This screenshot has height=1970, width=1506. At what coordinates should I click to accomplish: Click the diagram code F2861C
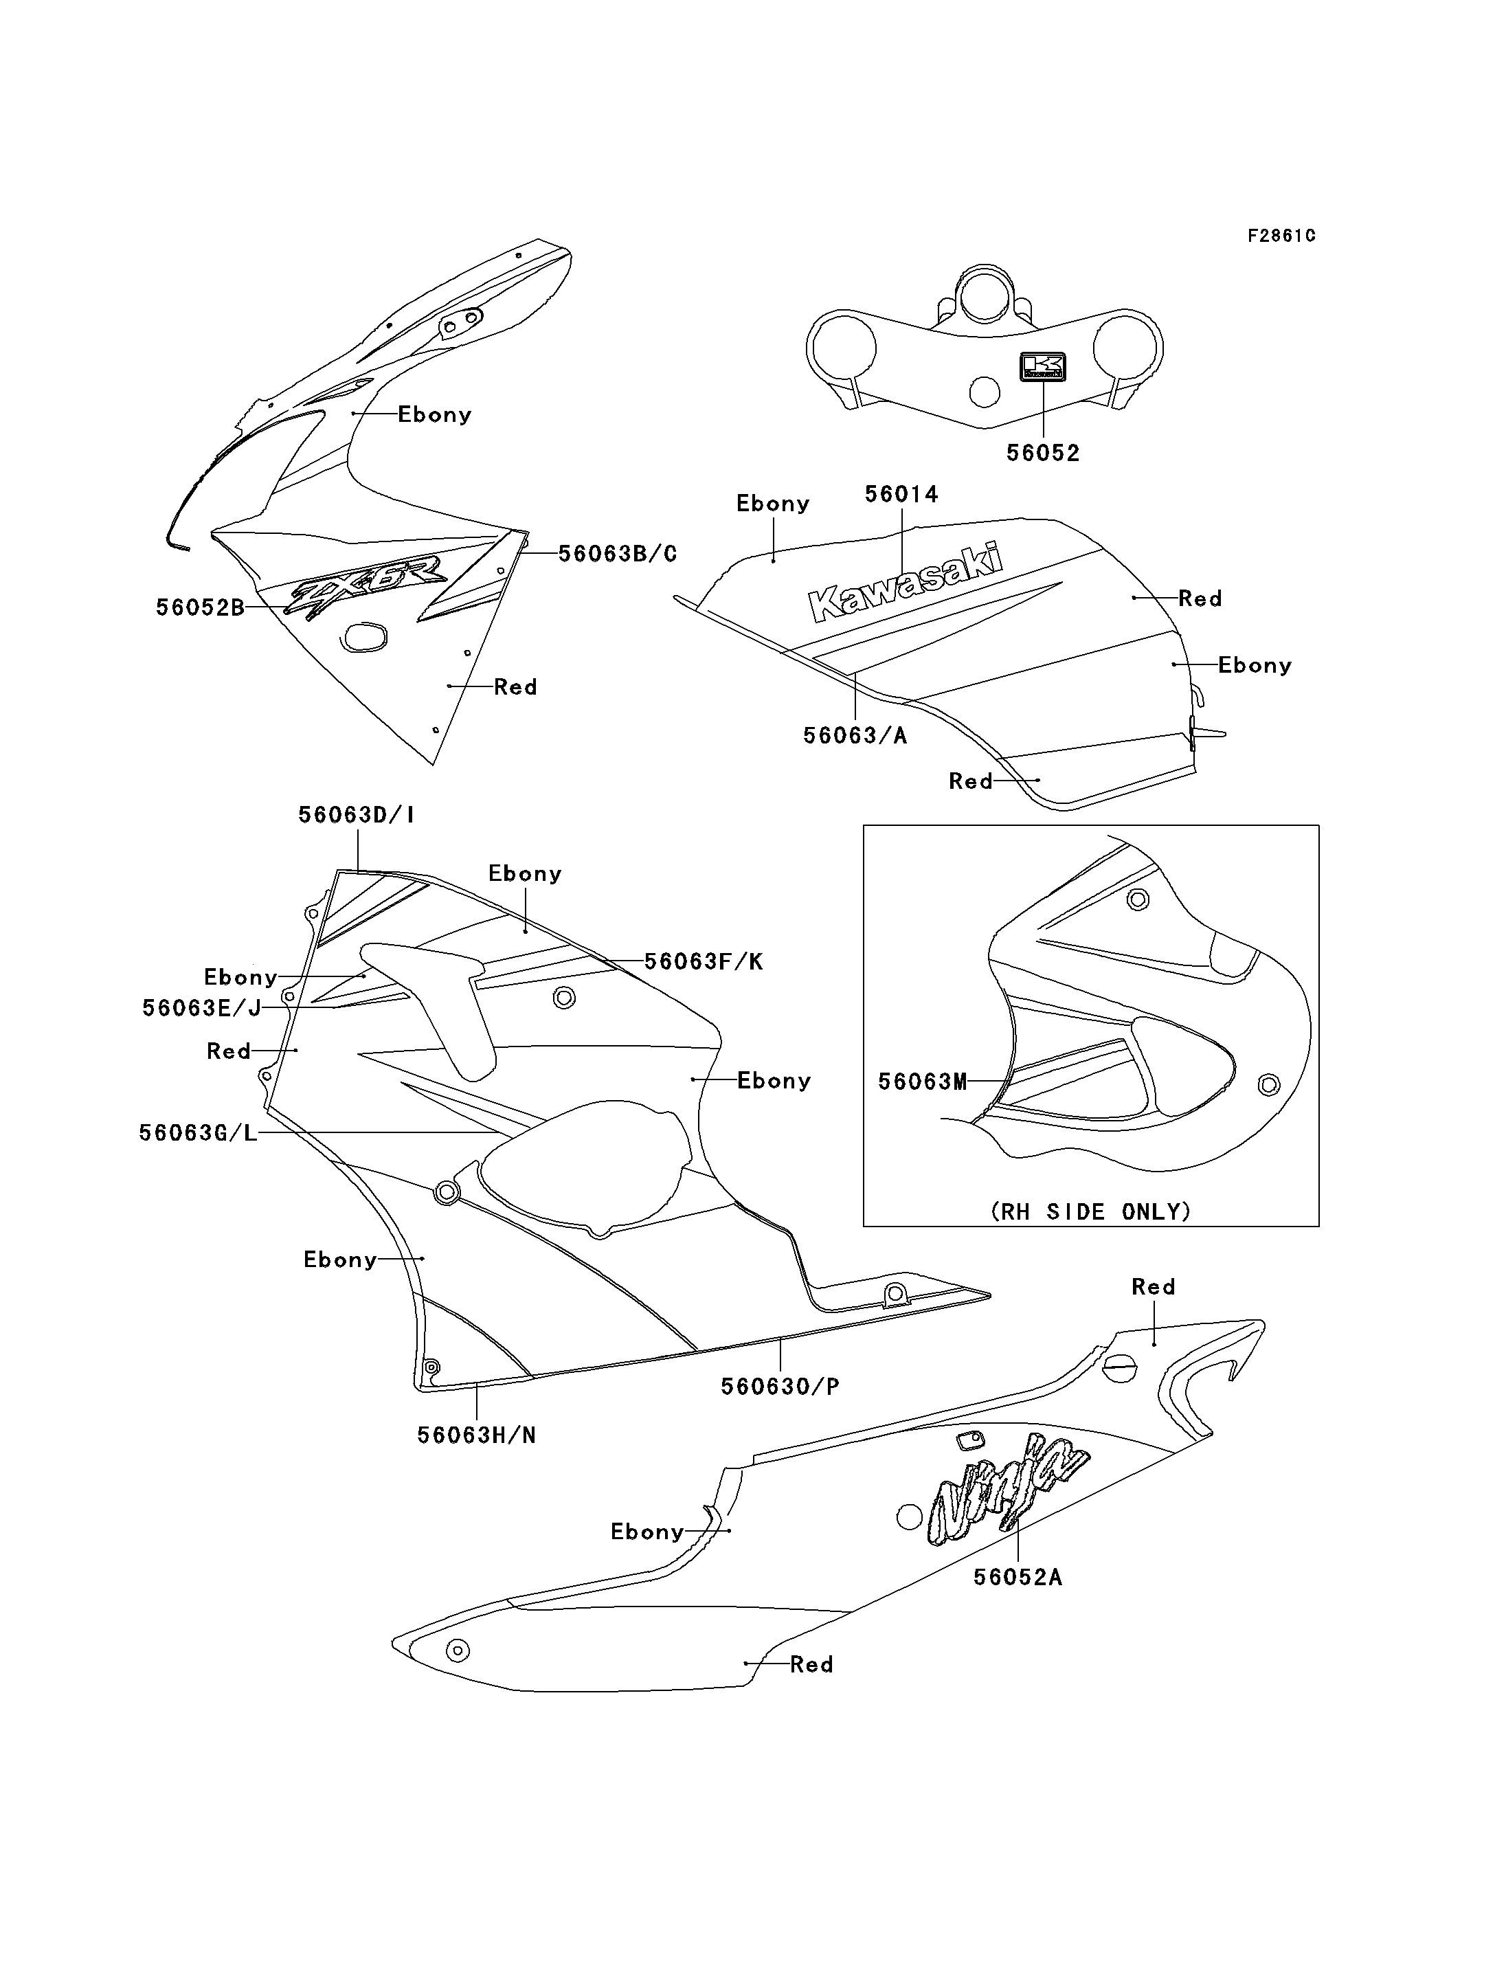tap(1282, 236)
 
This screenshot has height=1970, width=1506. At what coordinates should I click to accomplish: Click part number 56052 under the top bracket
tap(1044, 454)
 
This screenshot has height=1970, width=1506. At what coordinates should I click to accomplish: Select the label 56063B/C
tap(618, 554)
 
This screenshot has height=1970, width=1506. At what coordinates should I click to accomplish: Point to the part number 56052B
tap(200, 608)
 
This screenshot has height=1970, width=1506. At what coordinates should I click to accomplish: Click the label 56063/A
tap(855, 736)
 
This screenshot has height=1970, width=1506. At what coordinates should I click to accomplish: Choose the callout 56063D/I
tap(357, 815)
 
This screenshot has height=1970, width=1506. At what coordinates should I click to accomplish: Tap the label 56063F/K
tap(704, 962)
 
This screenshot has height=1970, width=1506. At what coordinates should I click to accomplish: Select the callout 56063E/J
tap(202, 1009)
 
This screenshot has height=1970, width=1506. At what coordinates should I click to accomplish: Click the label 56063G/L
tap(198, 1133)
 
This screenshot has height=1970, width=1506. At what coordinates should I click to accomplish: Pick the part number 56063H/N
tap(477, 1435)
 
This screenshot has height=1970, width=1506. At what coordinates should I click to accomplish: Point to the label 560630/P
tap(780, 1387)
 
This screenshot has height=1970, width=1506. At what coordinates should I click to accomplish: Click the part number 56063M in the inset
tap(923, 1082)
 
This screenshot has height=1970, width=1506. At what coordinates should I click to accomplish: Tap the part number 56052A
tap(1018, 1577)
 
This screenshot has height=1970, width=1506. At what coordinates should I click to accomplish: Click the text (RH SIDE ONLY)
tap(1091, 1212)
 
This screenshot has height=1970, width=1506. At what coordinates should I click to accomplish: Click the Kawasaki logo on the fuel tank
tap(906, 581)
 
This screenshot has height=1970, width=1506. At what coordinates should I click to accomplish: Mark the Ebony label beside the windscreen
tap(435, 415)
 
